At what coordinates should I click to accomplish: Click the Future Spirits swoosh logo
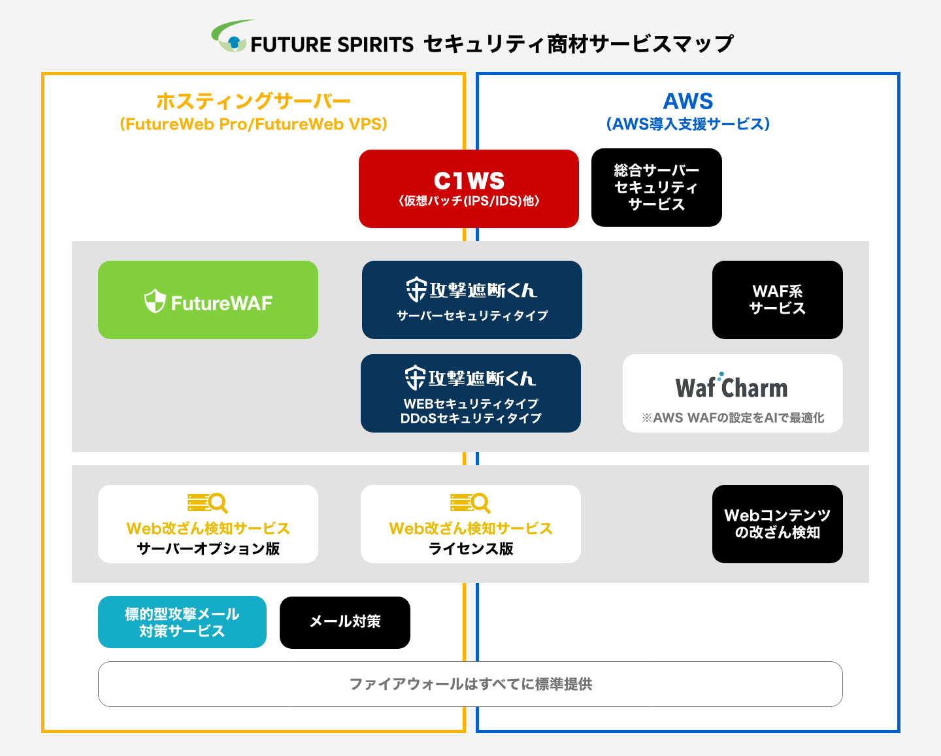tap(233, 36)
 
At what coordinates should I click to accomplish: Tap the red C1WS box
tap(469, 188)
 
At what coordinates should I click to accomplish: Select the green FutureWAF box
tap(208, 300)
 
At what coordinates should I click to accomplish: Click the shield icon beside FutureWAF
tap(155, 301)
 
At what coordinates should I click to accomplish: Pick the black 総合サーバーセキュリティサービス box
tap(656, 188)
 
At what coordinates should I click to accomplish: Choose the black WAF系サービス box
tap(778, 300)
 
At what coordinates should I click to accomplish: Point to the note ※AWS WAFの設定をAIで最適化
tap(733, 418)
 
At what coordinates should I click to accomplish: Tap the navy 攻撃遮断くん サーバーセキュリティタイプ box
tap(472, 300)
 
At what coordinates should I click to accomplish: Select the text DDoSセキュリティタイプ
tap(471, 418)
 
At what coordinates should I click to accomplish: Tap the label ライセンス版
tap(471, 548)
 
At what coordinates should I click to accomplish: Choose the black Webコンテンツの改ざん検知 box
tap(778, 524)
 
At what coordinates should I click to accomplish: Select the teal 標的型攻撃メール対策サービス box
tap(182, 622)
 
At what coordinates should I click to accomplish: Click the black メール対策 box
tap(345, 622)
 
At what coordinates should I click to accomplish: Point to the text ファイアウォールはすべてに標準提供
tap(470, 684)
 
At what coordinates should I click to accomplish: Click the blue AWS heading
tap(688, 101)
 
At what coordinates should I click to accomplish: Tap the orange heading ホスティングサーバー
tap(253, 101)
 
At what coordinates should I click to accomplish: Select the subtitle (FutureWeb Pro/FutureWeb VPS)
tap(254, 124)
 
